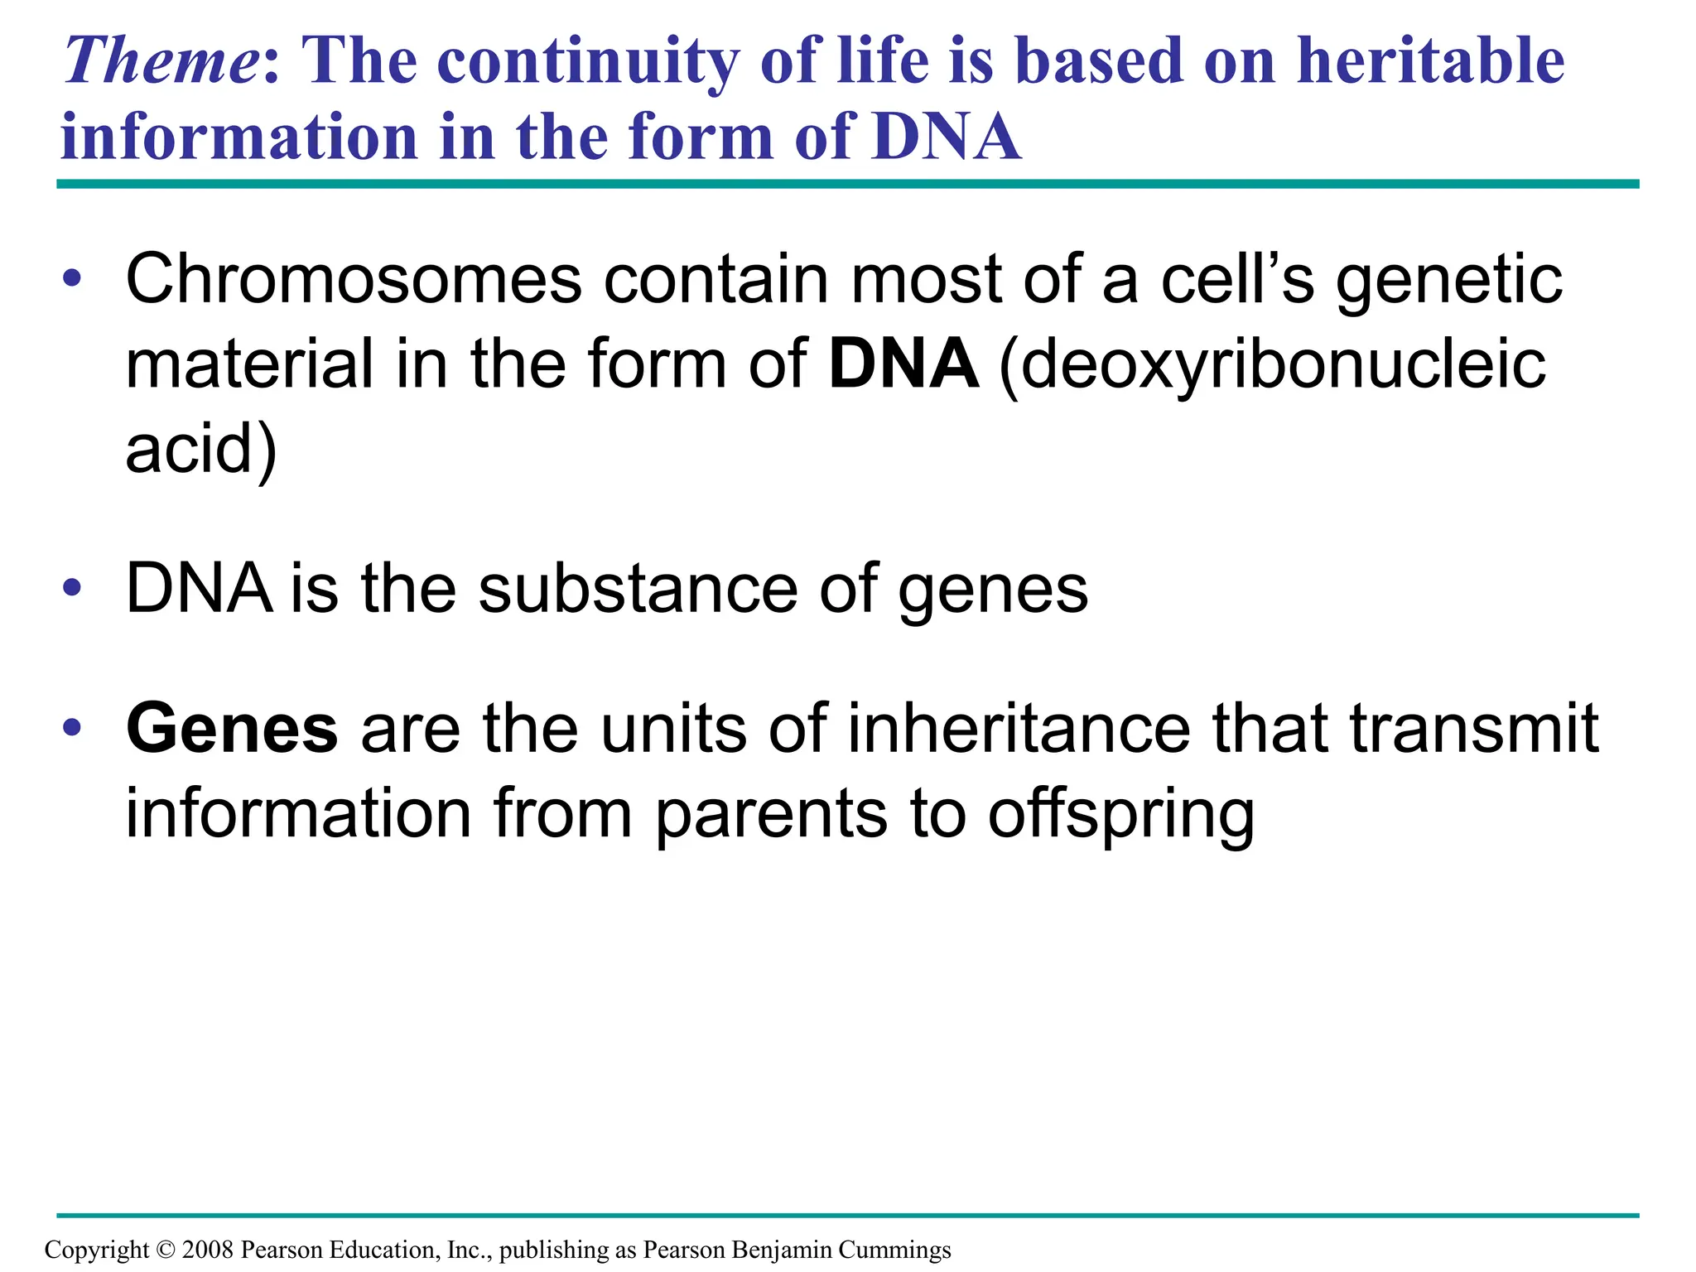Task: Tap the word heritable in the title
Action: pos(1430,62)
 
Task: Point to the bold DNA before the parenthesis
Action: pos(903,364)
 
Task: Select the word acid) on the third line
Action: pos(201,449)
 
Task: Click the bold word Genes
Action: pos(232,729)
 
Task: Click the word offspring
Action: pos(1121,816)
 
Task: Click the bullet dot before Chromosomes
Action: pos(72,280)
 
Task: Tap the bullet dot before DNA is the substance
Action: pos(72,588)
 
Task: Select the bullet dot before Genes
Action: pos(72,728)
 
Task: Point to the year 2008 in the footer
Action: pos(208,1250)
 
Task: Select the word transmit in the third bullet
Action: pos(1474,729)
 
